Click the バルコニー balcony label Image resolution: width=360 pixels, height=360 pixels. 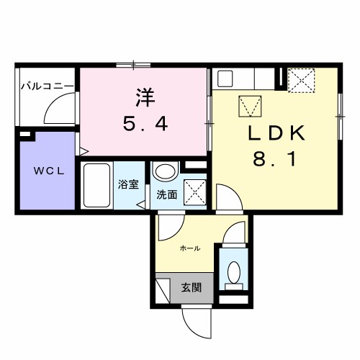[46, 87]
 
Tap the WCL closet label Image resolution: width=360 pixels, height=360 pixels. [45, 172]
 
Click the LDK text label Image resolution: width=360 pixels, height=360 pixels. [278, 133]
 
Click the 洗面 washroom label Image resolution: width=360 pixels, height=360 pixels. [166, 194]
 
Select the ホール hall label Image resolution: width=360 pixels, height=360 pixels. [189, 248]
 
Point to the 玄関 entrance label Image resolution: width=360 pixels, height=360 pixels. [191, 287]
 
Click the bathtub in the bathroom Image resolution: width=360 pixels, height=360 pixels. [96, 186]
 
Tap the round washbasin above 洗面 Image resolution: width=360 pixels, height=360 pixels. [166, 173]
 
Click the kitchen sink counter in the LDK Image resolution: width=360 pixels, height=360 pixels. [245, 78]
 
